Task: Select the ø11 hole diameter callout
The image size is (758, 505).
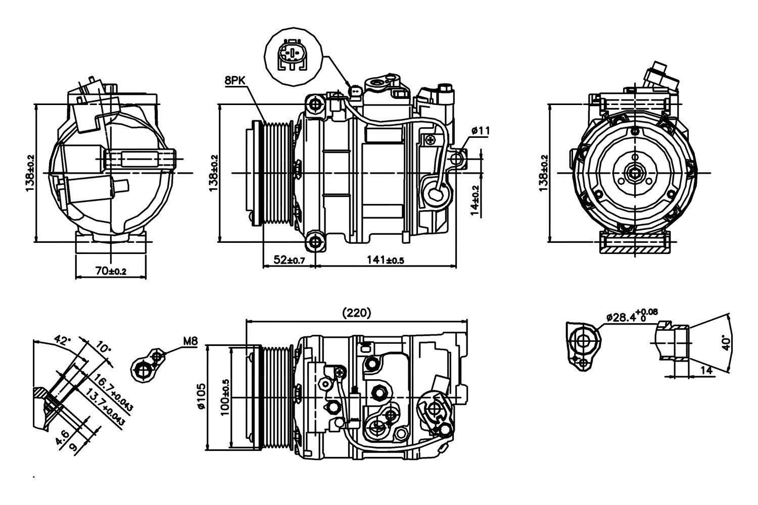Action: pyautogui.click(x=480, y=131)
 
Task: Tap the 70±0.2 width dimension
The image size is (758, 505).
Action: pyautogui.click(x=110, y=271)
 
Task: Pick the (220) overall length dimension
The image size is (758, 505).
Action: pyautogui.click(x=357, y=313)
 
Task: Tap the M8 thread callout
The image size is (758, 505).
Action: pyautogui.click(x=190, y=342)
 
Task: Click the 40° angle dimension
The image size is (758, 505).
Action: pyautogui.click(x=727, y=343)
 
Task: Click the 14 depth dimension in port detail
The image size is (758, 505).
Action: pyautogui.click(x=706, y=370)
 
